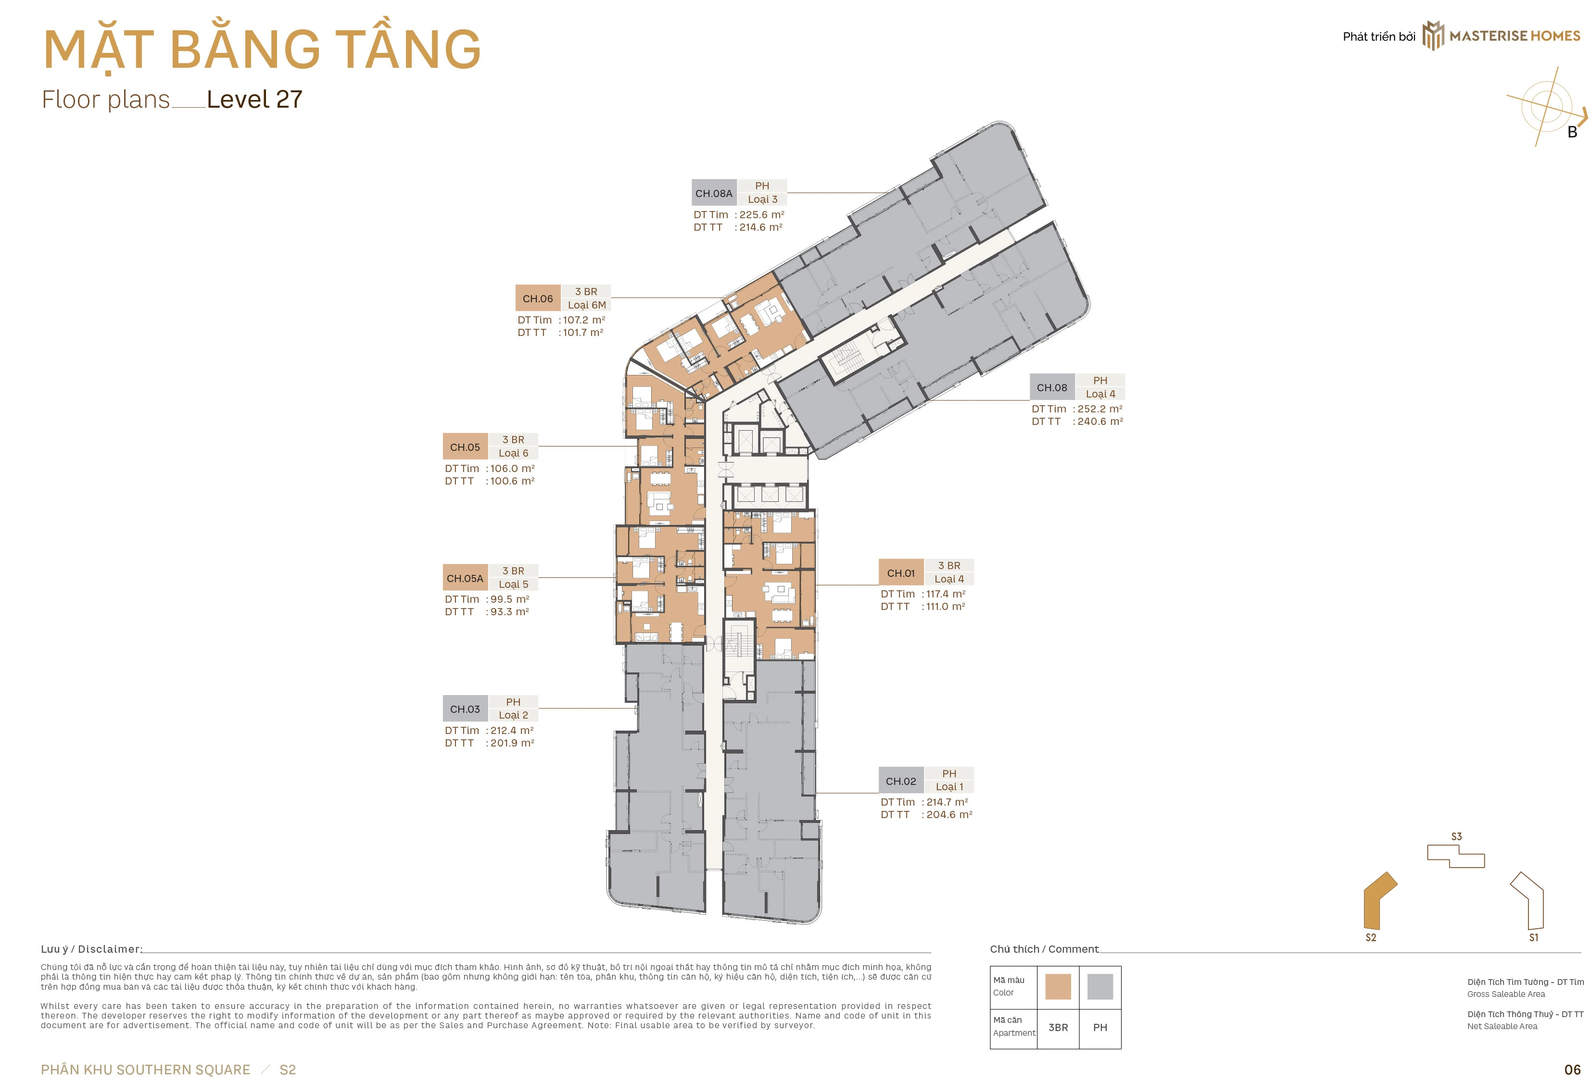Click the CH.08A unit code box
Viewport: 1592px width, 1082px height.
[x=714, y=193]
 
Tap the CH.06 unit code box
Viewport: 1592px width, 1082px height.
[x=538, y=298]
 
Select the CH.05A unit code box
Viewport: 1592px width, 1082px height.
[x=465, y=578]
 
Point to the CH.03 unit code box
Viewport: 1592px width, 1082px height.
[x=465, y=709]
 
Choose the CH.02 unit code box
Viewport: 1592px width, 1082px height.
[x=901, y=781]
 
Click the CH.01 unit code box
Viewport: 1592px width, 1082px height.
[x=901, y=572]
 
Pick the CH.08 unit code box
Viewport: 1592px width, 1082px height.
[x=1052, y=387]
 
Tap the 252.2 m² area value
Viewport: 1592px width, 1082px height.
[x=1100, y=409]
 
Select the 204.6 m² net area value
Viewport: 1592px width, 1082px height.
[x=949, y=814]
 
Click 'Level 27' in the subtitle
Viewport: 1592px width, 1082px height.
[x=254, y=99]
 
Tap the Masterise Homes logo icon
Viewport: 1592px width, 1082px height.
[x=1433, y=36]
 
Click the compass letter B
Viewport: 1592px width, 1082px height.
[x=1572, y=132]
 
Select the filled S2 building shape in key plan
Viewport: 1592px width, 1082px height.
[x=1379, y=900]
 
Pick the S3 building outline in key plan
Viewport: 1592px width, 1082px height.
[x=1456, y=856]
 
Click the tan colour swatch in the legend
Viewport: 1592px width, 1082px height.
[x=1058, y=987]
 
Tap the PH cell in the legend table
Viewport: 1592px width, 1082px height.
[x=1100, y=1027]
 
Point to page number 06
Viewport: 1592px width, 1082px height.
[x=1572, y=1069]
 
